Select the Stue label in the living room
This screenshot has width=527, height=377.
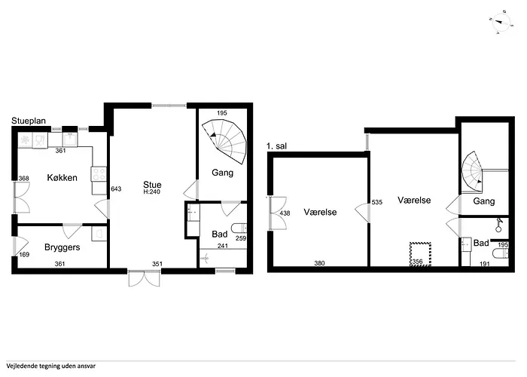(x=153, y=184)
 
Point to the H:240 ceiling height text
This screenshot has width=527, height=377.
(x=153, y=192)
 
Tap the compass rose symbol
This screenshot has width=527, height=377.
(x=499, y=23)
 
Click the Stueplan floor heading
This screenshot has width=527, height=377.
(x=29, y=120)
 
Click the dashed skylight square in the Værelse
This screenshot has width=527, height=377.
(x=419, y=251)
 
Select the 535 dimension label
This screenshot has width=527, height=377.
(x=376, y=203)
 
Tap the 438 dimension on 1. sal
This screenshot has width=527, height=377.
(x=285, y=213)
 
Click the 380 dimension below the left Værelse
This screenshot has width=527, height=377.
(x=319, y=263)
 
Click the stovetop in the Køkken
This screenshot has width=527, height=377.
(x=99, y=175)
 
